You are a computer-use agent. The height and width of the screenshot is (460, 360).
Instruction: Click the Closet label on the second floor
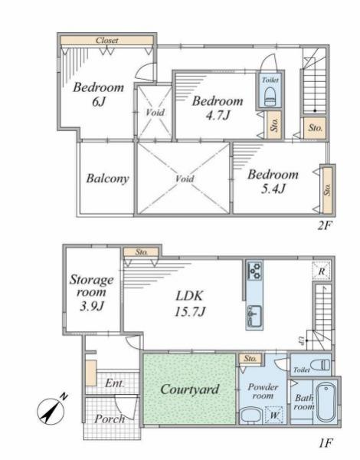[107, 41]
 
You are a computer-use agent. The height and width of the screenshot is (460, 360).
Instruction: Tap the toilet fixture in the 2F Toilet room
[270, 97]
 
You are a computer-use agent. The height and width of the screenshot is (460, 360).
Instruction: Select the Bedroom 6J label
[98, 94]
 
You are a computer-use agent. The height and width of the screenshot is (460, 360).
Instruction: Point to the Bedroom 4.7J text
[218, 108]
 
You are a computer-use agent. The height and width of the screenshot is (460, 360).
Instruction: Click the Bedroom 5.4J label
[273, 182]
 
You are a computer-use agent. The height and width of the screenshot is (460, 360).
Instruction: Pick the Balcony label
[107, 179]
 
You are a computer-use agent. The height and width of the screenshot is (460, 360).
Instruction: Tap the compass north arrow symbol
[51, 409]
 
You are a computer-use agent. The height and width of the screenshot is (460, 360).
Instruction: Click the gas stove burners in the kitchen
[254, 271]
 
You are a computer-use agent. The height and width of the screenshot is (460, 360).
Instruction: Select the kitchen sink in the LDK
[254, 316]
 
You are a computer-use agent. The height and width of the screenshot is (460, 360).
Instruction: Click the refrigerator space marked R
[321, 271]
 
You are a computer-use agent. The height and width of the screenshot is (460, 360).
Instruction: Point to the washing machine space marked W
[274, 415]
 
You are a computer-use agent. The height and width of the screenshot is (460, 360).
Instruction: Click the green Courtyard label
[190, 389]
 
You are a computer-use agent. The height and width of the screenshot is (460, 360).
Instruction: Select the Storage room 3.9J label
[91, 292]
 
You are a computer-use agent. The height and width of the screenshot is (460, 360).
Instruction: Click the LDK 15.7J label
[190, 304]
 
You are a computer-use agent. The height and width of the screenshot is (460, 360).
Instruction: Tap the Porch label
[110, 419]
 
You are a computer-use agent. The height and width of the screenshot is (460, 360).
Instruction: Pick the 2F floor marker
[325, 225]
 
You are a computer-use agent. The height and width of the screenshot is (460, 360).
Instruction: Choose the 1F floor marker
[326, 442]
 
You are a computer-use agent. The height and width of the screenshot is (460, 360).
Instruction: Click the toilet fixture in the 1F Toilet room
[321, 365]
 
